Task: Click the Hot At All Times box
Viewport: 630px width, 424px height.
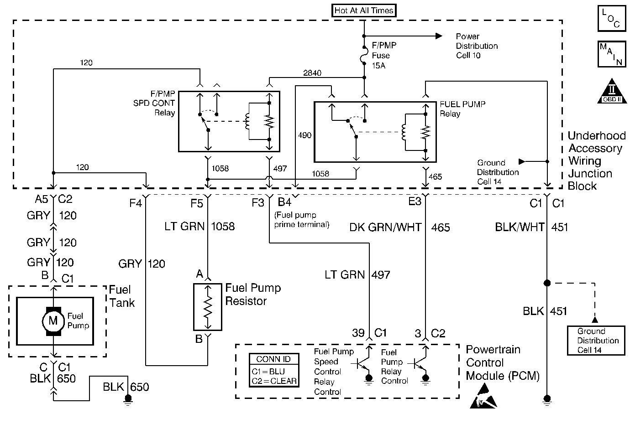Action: click(x=364, y=10)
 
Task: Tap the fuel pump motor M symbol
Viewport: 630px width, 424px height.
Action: click(x=53, y=321)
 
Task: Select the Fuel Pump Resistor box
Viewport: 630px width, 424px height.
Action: click(x=208, y=307)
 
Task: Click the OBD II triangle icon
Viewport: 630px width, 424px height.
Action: click(x=612, y=91)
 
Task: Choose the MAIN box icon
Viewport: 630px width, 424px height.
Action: click(x=612, y=54)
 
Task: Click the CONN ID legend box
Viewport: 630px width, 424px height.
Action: click(x=274, y=370)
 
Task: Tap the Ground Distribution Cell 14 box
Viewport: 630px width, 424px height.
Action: click(x=596, y=340)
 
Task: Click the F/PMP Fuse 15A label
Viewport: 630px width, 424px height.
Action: click(x=384, y=55)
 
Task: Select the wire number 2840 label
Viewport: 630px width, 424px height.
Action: click(x=312, y=73)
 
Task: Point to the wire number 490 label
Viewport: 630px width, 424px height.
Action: click(x=304, y=135)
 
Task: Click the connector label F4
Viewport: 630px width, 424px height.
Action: click(x=136, y=203)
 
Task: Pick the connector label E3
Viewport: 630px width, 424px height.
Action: click(x=415, y=202)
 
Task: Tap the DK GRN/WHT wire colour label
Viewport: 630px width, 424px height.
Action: click(x=385, y=227)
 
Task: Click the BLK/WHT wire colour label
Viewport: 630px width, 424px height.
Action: click(x=520, y=227)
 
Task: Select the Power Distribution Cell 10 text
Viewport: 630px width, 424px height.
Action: click(x=477, y=46)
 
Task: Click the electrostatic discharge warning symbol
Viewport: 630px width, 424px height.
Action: click(x=483, y=397)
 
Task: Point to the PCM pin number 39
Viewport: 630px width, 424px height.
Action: click(x=358, y=333)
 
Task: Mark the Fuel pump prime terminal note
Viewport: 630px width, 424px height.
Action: click(x=301, y=220)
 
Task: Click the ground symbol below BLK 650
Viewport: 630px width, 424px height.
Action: click(x=128, y=400)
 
